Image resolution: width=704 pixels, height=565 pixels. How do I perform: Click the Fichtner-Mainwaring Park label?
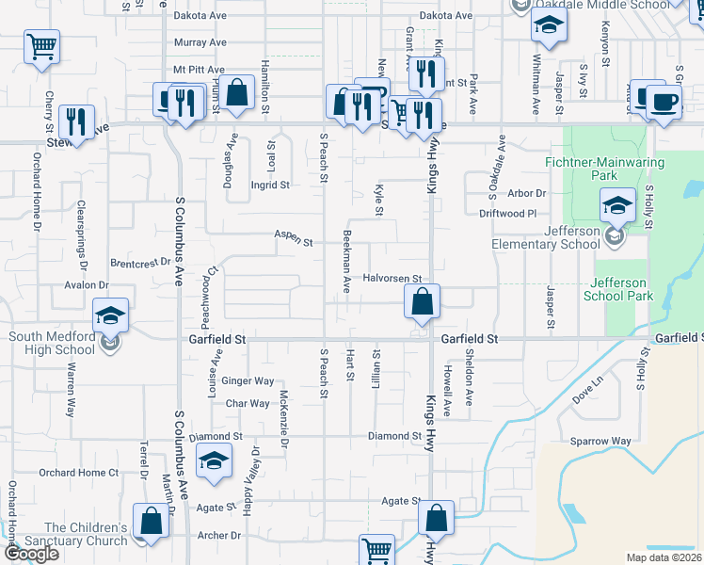(618, 169)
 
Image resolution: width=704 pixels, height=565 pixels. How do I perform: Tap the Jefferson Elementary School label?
(546, 237)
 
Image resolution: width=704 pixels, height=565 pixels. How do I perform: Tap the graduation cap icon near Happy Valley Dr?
(214, 461)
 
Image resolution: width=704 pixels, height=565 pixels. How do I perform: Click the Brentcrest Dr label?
(139, 263)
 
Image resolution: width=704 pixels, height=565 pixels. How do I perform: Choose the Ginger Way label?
(249, 381)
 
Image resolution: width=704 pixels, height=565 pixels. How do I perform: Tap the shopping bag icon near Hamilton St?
(238, 93)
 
